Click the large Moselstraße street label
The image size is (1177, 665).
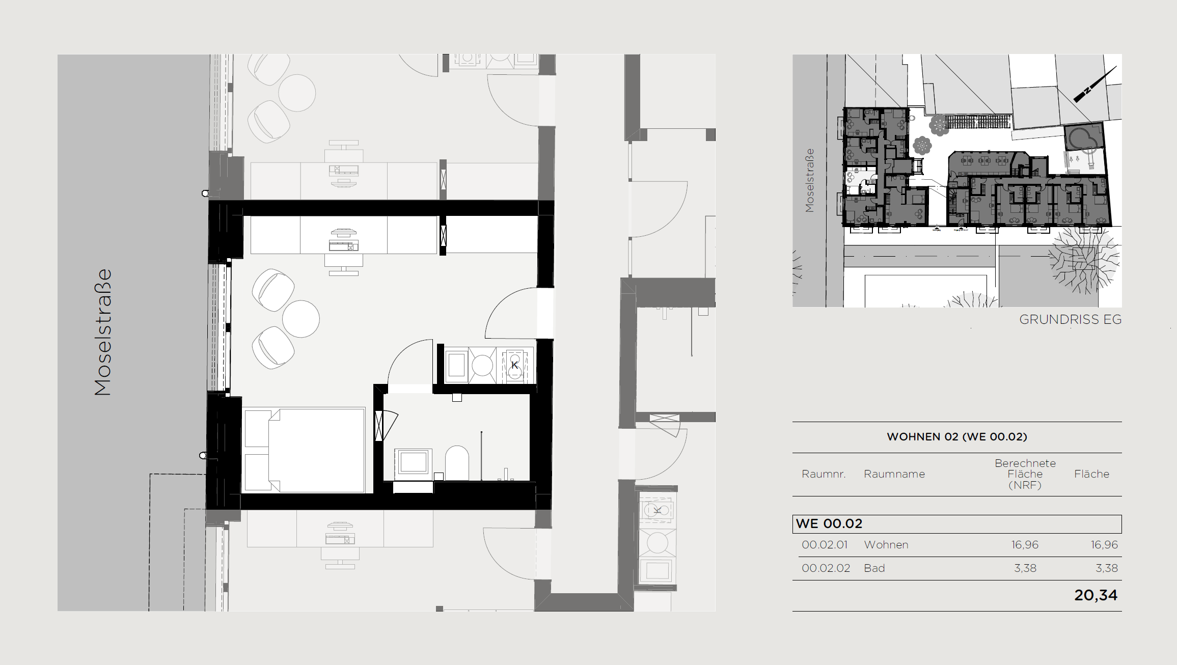(103, 332)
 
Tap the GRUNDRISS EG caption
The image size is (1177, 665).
(1070, 320)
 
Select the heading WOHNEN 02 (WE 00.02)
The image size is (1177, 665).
(957, 437)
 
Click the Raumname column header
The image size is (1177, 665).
(894, 474)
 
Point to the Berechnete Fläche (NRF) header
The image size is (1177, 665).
(1025, 474)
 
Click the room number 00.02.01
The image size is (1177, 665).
(825, 545)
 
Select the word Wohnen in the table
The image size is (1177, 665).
(886, 545)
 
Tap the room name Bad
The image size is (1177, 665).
(874, 568)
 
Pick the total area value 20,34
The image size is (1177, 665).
(1096, 595)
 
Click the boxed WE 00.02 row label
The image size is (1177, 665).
(829, 523)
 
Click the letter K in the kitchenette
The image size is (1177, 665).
(514, 365)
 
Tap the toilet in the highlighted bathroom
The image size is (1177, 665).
(457, 463)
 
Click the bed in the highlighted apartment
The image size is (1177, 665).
(305, 450)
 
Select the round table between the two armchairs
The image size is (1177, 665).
(301, 319)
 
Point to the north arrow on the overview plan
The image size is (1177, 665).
(1095, 84)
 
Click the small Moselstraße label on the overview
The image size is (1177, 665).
(810, 180)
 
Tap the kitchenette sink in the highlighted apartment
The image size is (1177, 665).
(482, 365)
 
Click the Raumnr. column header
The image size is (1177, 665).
(824, 474)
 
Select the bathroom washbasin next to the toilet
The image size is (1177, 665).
(413, 462)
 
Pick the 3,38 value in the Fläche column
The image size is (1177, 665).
(1107, 568)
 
